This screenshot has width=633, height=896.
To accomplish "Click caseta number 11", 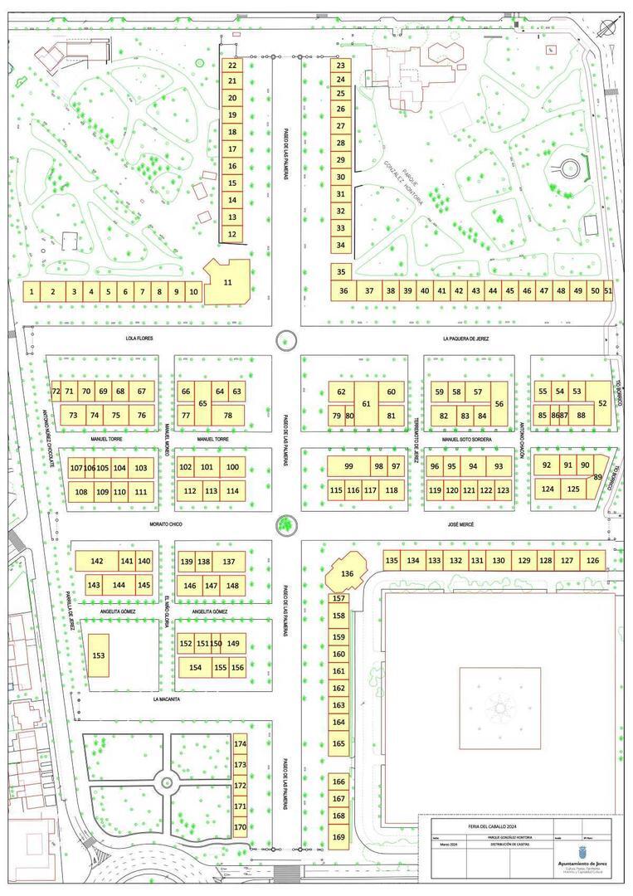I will click(x=227, y=283).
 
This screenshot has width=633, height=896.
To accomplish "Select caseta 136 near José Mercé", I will click(x=347, y=573).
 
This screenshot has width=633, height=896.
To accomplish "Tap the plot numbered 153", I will click(x=99, y=655).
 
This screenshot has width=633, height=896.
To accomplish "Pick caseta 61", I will click(x=366, y=403).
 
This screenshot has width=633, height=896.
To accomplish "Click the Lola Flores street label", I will click(x=139, y=338).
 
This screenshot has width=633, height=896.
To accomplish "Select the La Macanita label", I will click(x=167, y=699).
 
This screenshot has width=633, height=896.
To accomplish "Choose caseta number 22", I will click(x=232, y=65).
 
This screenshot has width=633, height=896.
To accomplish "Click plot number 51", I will click(x=608, y=290).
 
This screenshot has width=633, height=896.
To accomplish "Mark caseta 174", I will click(x=240, y=744).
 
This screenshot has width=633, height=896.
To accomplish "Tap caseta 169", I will click(x=338, y=837).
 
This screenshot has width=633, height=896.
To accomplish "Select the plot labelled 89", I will click(x=598, y=476).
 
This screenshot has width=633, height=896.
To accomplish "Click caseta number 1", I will click(x=32, y=291).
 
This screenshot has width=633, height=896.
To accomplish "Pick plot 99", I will click(x=348, y=465).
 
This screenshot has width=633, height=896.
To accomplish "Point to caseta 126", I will click(x=592, y=561).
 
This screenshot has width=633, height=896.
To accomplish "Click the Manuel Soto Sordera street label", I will click(x=466, y=439).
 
